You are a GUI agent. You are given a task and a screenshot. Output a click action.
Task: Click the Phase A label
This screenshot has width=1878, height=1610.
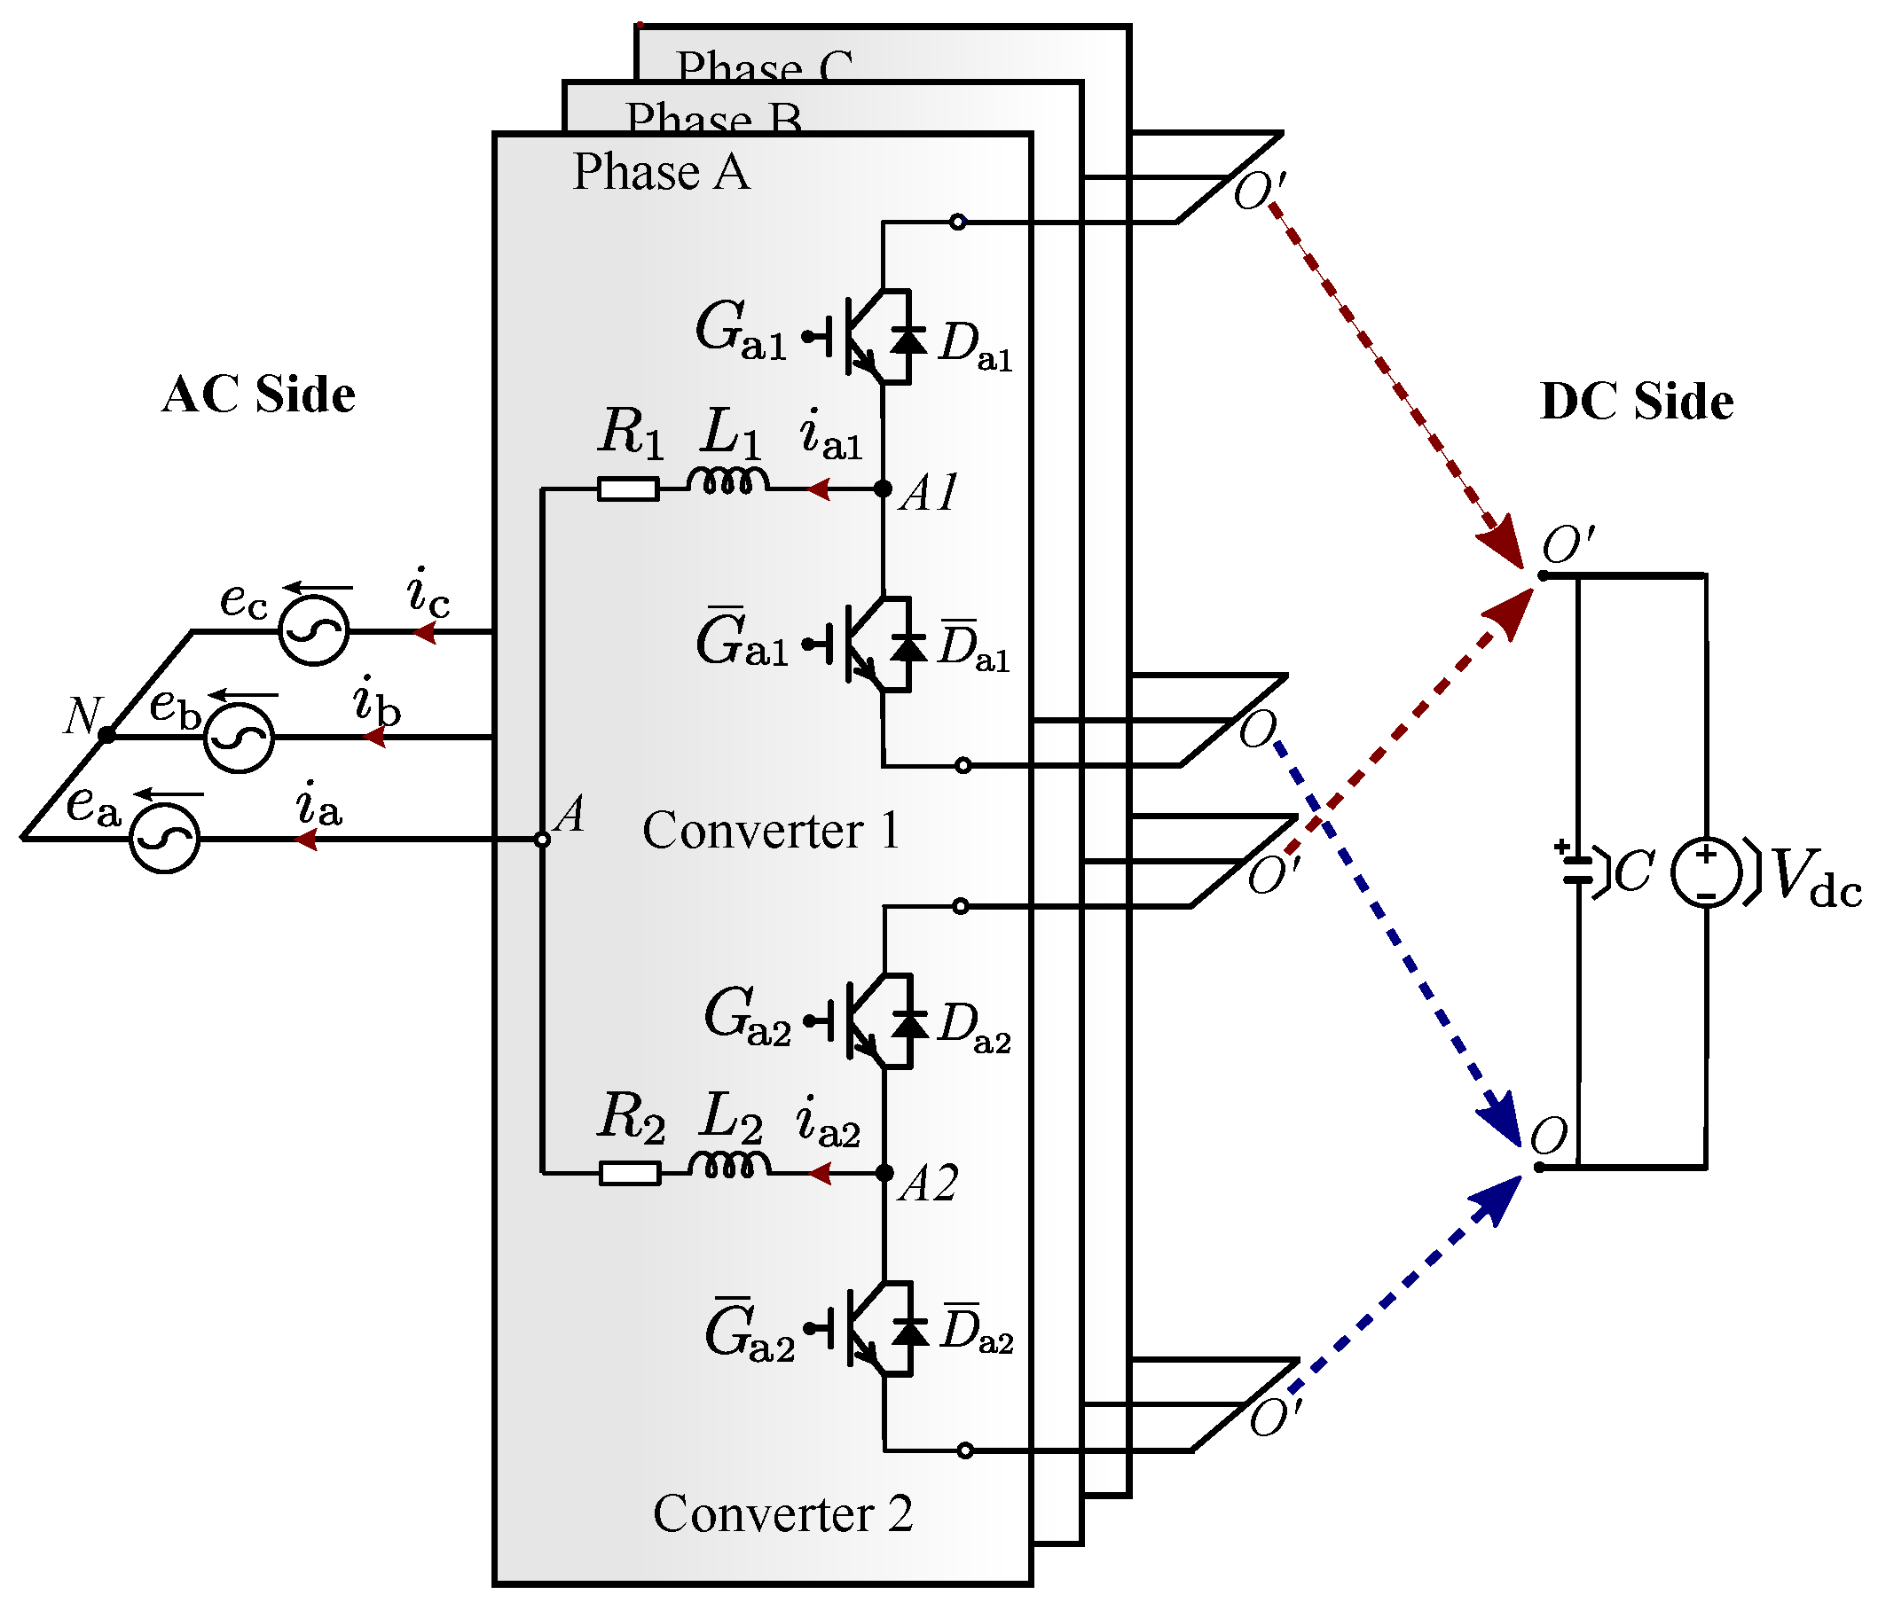661,172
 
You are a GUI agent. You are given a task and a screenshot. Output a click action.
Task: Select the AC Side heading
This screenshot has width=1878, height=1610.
258,395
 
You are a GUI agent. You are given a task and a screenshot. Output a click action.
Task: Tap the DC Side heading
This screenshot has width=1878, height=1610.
1636,402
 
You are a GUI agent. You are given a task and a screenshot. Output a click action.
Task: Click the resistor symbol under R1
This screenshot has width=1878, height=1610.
628,490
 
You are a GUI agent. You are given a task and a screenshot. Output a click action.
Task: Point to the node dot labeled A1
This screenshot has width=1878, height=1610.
883,489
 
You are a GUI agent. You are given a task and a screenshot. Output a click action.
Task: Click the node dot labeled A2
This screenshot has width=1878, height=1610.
884,1173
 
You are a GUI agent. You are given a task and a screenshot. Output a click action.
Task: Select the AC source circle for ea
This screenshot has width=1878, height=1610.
164,839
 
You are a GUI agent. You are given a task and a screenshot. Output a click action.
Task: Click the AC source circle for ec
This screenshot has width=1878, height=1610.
314,630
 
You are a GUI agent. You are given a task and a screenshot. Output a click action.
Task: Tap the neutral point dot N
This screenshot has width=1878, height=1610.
107,735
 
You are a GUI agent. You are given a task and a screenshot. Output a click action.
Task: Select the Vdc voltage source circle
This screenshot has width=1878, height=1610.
1706,871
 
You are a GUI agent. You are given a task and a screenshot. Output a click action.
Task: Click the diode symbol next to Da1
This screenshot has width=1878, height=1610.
908,340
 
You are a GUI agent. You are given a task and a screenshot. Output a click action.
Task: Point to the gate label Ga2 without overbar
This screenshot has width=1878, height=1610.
748,1017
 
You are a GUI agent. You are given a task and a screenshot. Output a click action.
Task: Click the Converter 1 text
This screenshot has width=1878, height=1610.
771,831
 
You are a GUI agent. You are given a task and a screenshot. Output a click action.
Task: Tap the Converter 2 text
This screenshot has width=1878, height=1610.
782,1514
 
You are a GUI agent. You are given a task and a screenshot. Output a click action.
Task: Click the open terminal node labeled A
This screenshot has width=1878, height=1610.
542,840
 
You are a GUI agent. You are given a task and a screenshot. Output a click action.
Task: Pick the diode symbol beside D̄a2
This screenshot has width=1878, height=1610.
910,1332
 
